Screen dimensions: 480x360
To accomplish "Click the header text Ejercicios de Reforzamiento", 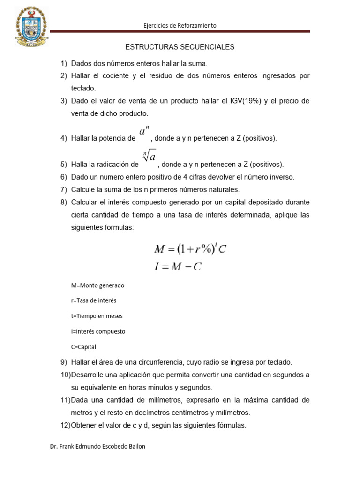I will (x=180, y=26).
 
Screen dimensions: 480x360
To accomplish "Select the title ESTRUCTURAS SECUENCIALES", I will (x=180, y=47).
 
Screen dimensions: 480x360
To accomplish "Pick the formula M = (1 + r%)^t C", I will (x=190, y=249).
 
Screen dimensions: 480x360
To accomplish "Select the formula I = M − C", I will (x=178, y=267).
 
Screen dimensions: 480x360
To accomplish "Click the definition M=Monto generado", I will (x=97, y=285).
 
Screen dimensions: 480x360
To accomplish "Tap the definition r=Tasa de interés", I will (x=93, y=300).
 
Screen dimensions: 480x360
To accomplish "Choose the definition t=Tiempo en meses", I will (x=97, y=315).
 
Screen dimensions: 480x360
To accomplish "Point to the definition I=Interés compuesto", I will (x=98, y=331).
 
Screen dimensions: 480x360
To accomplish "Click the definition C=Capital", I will (x=84, y=346).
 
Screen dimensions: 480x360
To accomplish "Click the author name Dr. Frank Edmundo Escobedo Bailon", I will (x=97, y=446).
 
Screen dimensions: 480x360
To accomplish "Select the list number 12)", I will (x=64, y=426).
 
